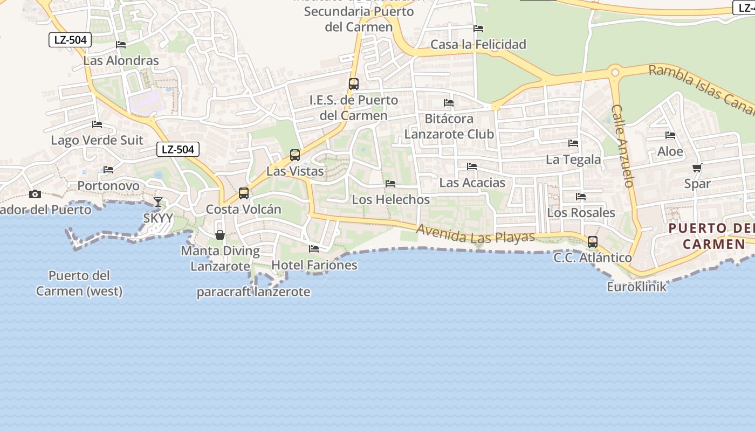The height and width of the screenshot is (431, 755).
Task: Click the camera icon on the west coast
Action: coord(35,194)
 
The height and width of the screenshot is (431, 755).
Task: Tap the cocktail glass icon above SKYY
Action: coord(157,202)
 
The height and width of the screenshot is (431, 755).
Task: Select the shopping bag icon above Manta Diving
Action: coord(220,234)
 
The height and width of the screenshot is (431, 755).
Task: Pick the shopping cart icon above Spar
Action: coord(697,168)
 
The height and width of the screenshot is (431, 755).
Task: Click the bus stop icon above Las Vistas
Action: coord(294,155)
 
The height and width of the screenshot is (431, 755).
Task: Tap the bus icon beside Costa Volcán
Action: coord(244,193)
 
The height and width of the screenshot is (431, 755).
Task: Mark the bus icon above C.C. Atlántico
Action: coord(593,242)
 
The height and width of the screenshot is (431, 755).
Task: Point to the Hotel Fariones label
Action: coord(314,265)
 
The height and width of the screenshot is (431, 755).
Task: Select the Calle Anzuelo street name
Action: coord(622,145)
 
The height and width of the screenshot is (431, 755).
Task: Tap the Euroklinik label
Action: coord(636,287)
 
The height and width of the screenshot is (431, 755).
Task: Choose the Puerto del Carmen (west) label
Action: coord(79,283)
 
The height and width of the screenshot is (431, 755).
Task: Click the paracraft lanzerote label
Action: coord(253,292)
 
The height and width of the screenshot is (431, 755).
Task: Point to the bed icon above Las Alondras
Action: coord(121,45)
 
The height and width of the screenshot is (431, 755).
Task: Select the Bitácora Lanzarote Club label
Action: coord(449,126)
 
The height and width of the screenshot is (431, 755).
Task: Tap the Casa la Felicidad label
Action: coord(478,44)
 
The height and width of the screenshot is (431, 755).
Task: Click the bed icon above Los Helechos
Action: coord(390,184)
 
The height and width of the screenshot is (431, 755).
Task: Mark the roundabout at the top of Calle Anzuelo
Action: coord(614,72)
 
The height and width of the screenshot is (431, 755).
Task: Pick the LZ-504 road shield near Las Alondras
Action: coord(70,39)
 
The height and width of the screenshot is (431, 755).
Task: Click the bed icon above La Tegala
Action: coord(573,143)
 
